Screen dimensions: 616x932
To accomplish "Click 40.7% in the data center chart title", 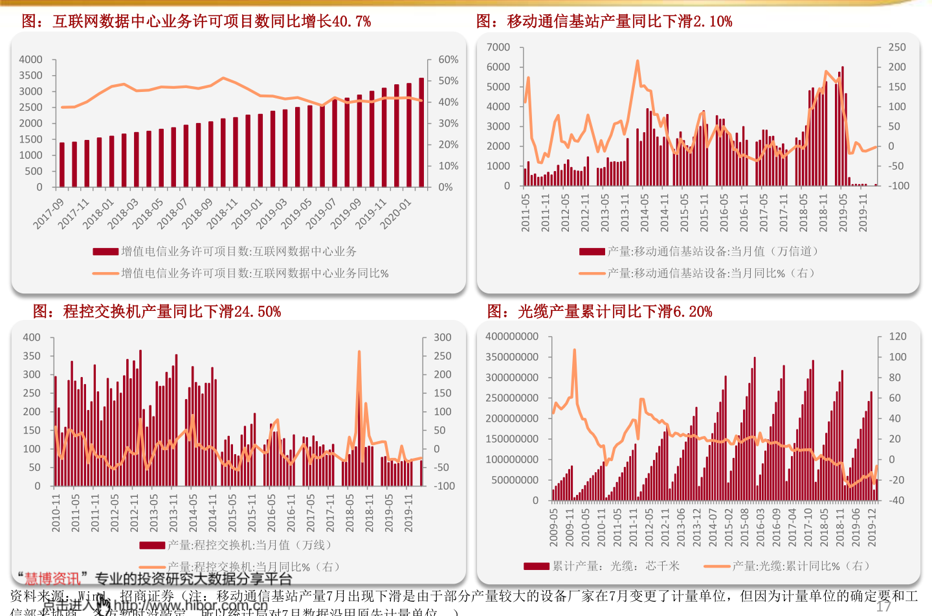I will point(351,21).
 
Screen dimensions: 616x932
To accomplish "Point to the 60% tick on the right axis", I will point(448,60).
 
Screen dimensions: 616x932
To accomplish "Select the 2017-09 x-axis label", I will point(49,214).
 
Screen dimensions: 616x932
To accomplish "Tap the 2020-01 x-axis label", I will point(395,214).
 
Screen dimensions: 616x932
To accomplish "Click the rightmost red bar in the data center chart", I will point(421,133).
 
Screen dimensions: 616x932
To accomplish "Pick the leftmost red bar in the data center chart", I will point(62,165).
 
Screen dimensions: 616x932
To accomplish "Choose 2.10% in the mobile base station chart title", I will point(713,21).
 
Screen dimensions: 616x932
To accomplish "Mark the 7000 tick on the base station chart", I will point(498,47).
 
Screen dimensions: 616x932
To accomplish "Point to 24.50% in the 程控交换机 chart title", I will point(258,312).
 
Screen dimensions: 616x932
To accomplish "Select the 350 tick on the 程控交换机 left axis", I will point(32,356).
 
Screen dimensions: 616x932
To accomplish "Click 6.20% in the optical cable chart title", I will point(693,312).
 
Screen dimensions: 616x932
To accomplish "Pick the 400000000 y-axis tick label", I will point(512,336).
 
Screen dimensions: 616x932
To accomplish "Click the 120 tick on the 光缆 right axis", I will point(898,336).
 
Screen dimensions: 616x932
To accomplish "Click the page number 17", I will point(883,606).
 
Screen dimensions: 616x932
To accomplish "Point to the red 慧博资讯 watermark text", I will point(52,578).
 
